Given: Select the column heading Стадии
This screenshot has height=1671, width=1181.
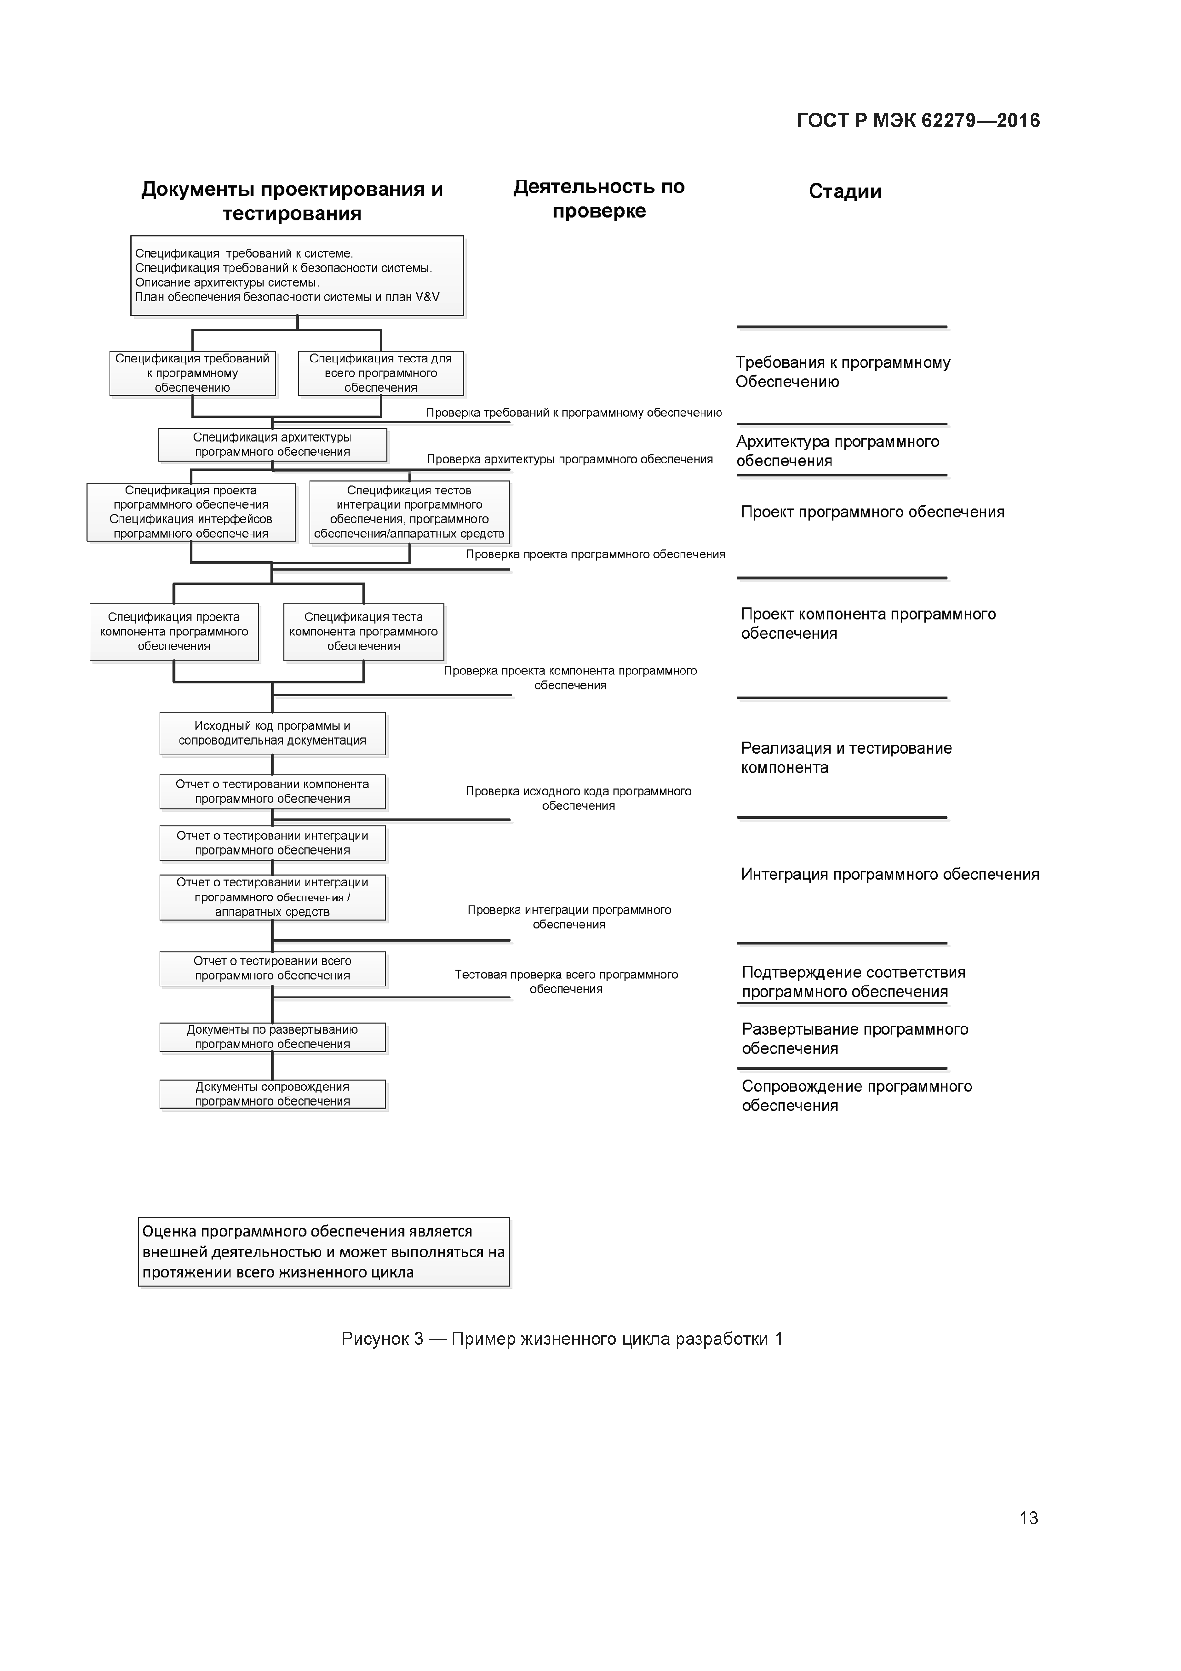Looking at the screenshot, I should (844, 191).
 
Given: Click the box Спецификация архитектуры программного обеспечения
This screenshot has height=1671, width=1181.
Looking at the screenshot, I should (272, 445).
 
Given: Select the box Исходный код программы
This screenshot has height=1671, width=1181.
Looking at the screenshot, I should (272, 733).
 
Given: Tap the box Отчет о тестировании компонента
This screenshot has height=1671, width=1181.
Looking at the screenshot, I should (272, 792).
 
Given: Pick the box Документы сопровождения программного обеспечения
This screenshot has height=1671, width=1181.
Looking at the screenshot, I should (272, 1094).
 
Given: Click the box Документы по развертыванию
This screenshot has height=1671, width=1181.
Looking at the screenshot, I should (272, 1037).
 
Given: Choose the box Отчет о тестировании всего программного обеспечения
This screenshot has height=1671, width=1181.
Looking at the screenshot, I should (272, 969).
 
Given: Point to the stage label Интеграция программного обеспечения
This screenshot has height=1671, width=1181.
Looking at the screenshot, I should (889, 875).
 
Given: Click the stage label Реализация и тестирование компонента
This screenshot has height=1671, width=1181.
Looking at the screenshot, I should (846, 758).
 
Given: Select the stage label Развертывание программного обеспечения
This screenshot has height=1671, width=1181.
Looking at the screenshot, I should (854, 1038).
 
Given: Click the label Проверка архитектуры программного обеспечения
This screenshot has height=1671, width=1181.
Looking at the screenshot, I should (569, 459).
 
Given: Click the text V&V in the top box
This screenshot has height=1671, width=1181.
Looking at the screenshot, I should (427, 297).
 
